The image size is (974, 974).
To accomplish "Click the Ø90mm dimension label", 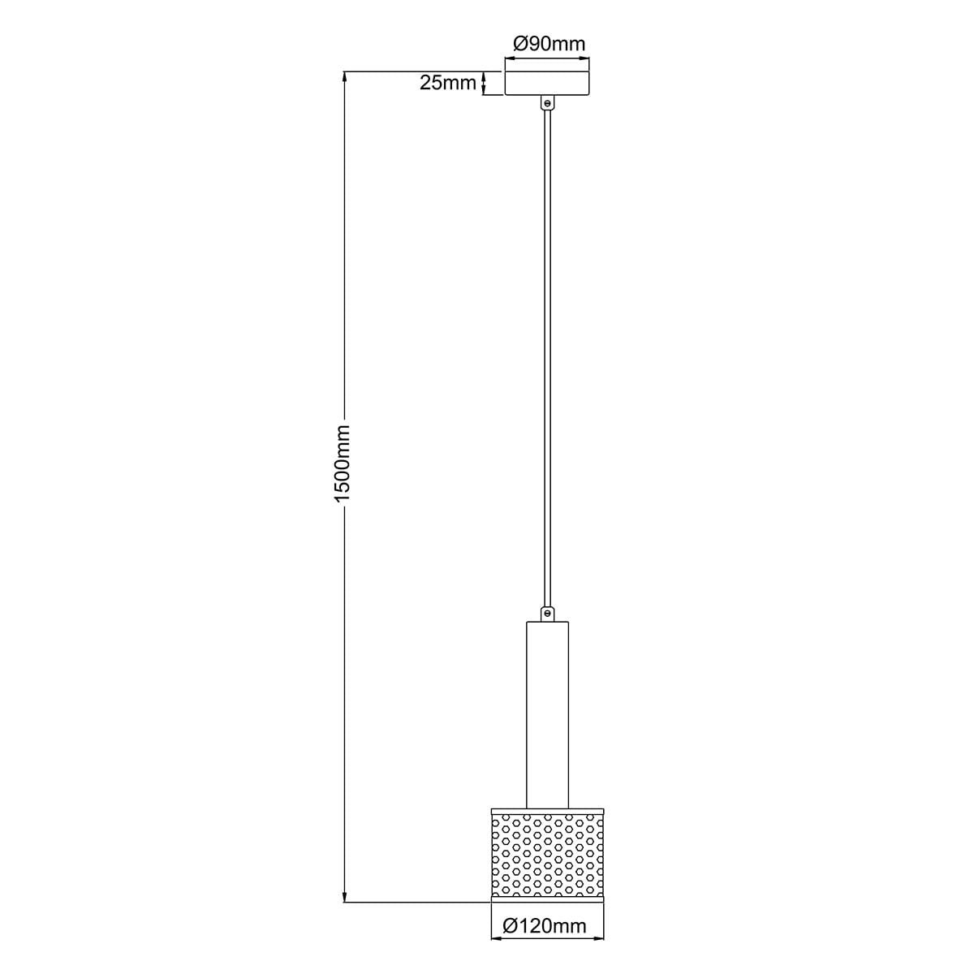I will tap(549, 44).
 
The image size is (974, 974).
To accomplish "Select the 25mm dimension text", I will tap(447, 82).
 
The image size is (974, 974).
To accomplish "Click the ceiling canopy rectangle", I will tap(547, 83).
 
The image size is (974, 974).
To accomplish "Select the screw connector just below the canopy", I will tap(547, 104).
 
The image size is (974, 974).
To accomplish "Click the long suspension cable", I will tap(547, 357).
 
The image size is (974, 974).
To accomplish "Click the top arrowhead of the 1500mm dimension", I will tap(346, 77).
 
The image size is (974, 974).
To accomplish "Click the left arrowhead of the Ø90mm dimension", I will tap(510, 58).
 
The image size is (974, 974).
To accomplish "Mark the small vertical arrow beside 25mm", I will tap(485, 83).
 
